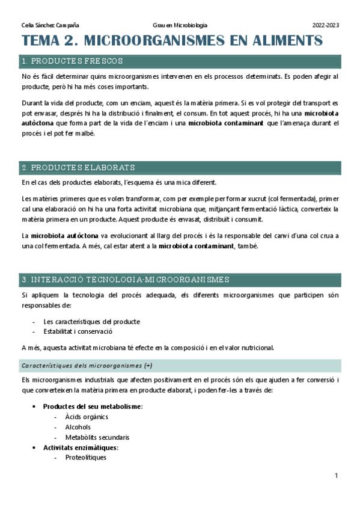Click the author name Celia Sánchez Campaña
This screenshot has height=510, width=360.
click(50, 25)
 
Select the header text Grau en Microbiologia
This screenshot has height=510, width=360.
click(180, 25)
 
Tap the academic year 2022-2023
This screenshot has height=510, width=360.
click(326, 25)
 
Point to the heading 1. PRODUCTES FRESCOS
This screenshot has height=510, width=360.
click(72, 61)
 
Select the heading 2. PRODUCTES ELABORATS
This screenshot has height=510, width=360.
click(78, 167)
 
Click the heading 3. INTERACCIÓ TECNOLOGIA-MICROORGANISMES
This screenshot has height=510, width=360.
click(125, 280)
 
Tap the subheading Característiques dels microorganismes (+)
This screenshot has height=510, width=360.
click(87, 365)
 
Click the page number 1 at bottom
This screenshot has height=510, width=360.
click(337, 476)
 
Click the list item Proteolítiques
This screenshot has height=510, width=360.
click(86, 458)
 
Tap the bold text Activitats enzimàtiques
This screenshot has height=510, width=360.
click(81, 447)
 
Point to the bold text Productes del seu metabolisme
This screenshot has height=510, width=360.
click(92, 407)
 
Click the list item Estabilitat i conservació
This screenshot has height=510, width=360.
click(78, 331)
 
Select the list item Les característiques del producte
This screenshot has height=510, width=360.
click(91, 321)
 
